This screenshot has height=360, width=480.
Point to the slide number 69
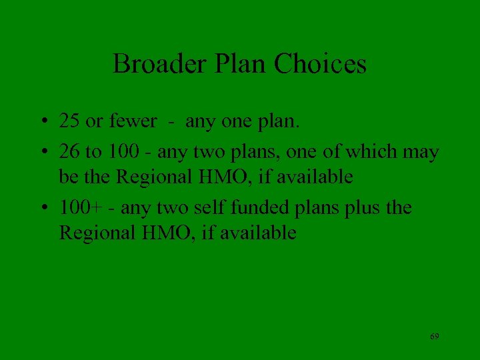434,336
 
